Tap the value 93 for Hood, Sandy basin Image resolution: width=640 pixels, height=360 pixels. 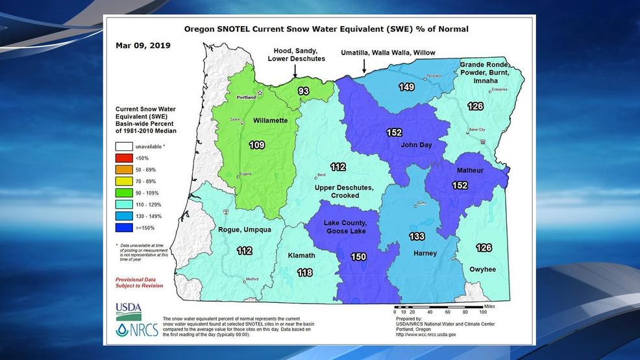click(303, 91)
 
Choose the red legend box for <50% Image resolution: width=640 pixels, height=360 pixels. click(125, 158)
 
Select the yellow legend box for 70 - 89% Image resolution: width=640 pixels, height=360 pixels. click(125, 181)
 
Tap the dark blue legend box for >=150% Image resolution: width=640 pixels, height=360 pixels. click(125, 227)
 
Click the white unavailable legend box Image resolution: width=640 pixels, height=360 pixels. click(125, 147)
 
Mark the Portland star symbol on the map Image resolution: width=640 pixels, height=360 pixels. click(260, 93)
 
